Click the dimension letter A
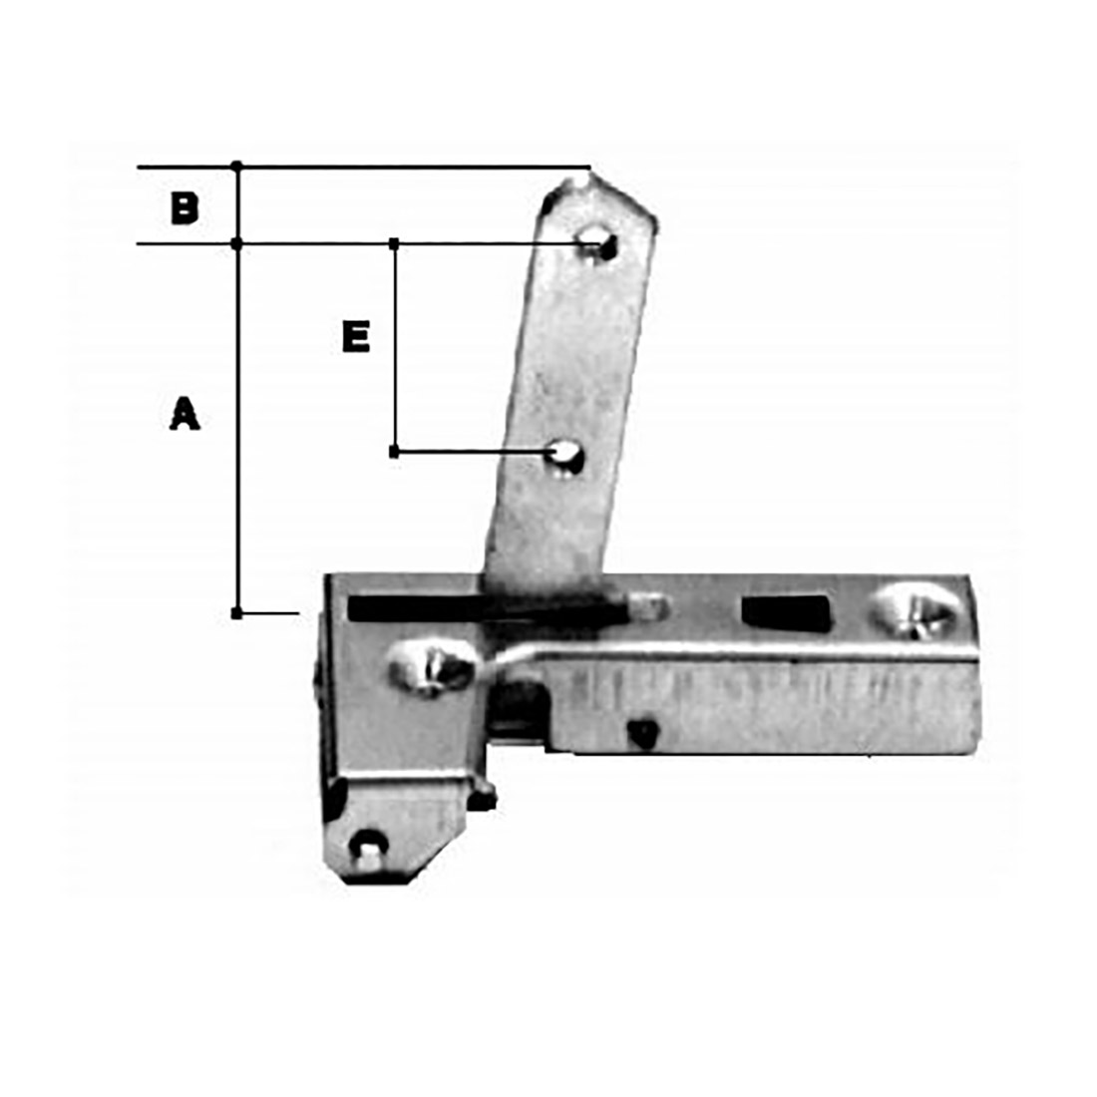[184, 413]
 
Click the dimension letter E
[356, 336]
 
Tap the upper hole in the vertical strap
[597, 242]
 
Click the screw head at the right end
[914, 610]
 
